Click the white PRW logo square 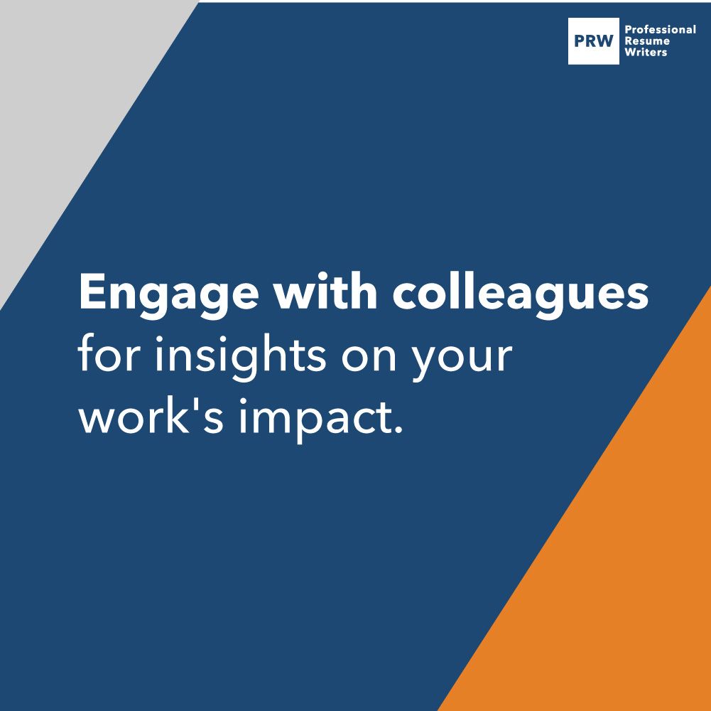click(x=594, y=41)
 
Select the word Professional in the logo click(x=660, y=30)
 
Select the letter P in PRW click(x=580, y=41)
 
